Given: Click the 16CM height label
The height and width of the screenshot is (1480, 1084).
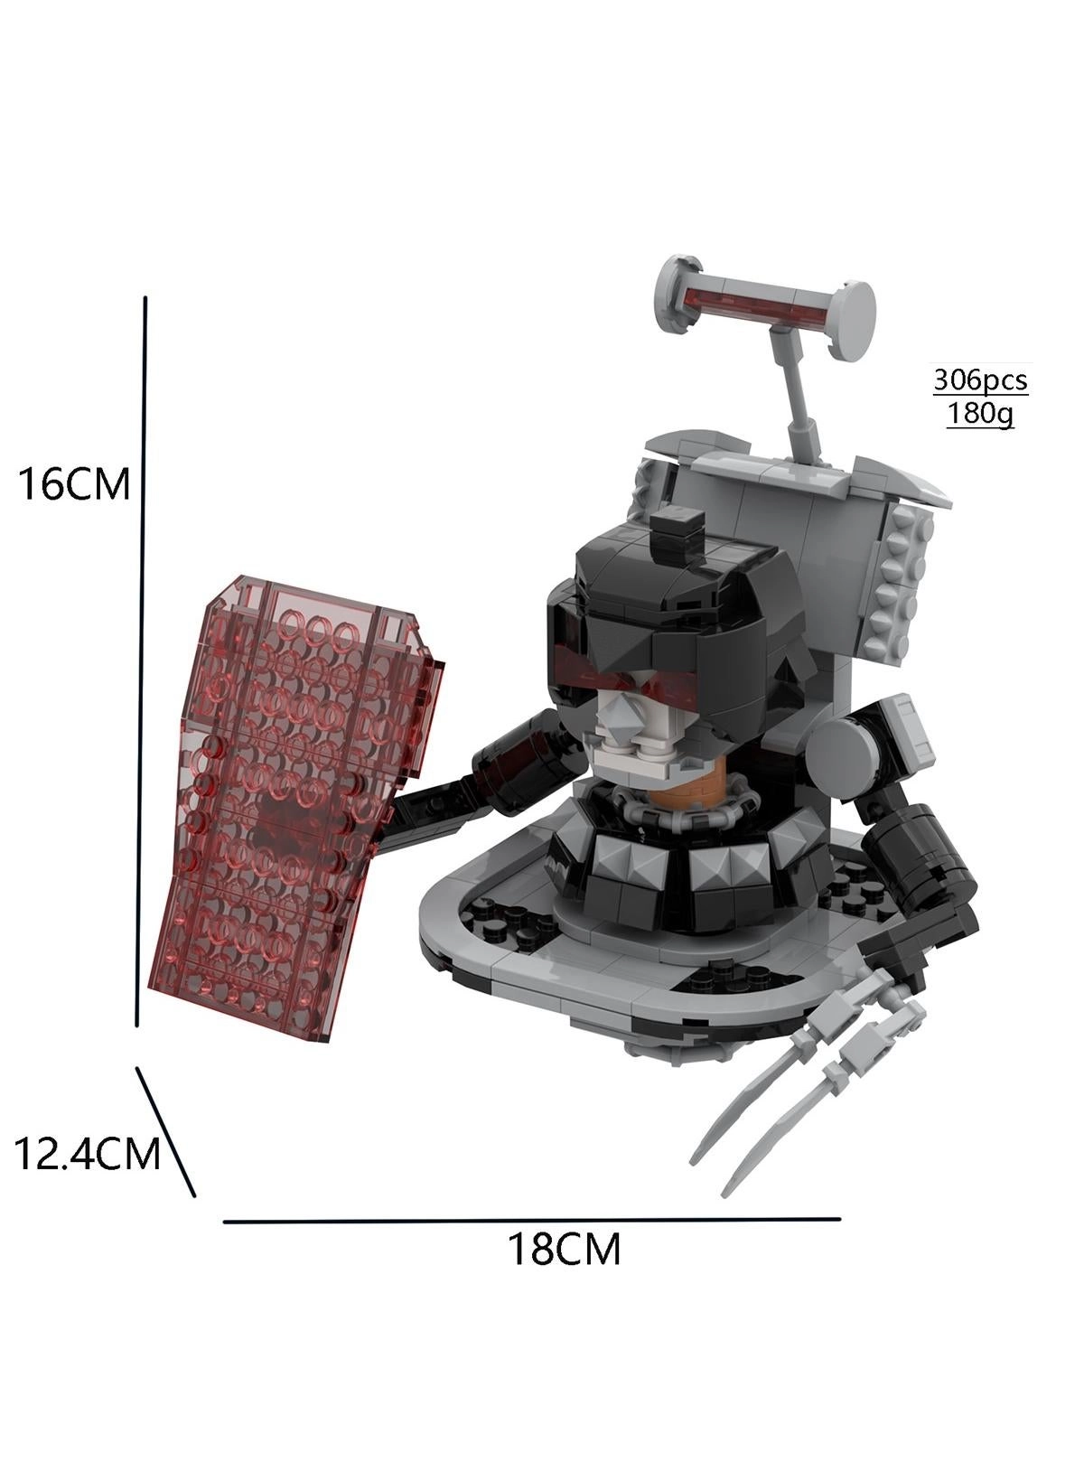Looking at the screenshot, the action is [x=73, y=484].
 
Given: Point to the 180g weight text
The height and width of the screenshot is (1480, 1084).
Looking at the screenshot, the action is [x=979, y=414].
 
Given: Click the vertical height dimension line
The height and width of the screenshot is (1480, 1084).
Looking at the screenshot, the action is [x=141, y=660].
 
